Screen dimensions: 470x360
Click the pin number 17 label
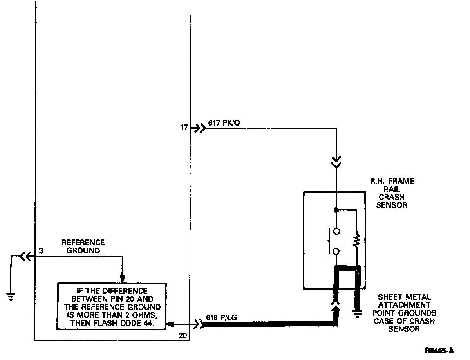pyautogui.click(x=184, y=128)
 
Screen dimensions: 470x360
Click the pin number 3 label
pyautogui.click(x=41, y=250)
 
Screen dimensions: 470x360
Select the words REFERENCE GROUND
pyautogui.click(x=83, y=247)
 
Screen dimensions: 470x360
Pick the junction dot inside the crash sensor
pyautogui.click(x=336, y=210)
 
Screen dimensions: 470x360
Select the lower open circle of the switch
pyautogui.click(x=336, y=251)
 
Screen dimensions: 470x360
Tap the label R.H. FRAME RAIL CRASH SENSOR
pyautogui.click(x=392, y=193)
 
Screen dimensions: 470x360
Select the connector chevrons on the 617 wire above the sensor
pyautogui.click(x=336, y=162)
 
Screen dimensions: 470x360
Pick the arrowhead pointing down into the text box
pyautogui.click(x=122, y=279)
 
